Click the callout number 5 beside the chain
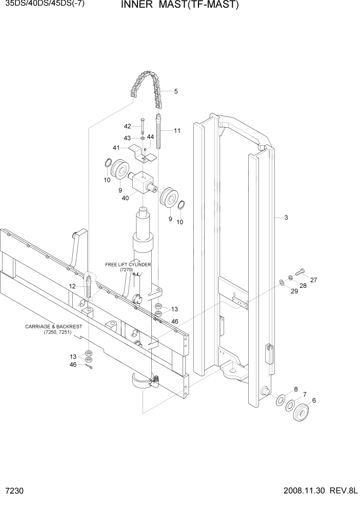pos(176,92)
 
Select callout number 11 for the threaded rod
pos(177,131)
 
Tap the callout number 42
pos(127,126)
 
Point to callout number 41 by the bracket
pos(116,148)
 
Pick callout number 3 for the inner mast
pos(286,218)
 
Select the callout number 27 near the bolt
pos(313,280)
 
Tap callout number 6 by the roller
pos(314,401)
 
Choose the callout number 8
pos(295,389)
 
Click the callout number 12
pos(72,286)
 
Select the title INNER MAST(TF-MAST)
pos(173,5)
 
